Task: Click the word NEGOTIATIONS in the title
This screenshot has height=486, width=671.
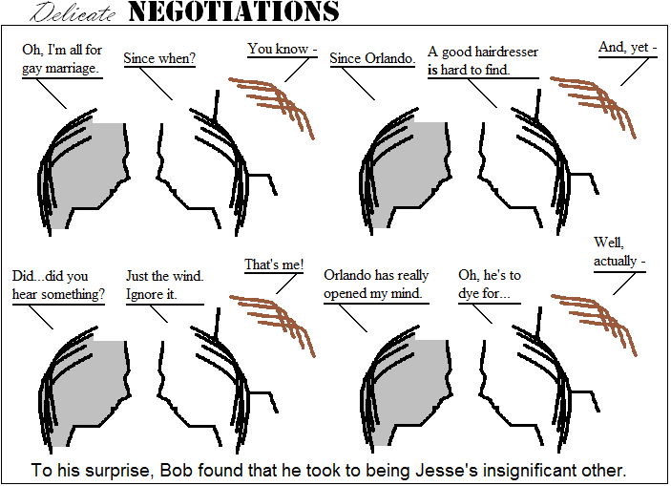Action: coord(233,12)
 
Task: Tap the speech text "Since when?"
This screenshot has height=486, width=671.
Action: coord(159,58)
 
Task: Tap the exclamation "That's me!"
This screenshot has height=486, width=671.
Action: coord(274,264)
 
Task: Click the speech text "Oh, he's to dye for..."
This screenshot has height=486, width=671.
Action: coord(490,285)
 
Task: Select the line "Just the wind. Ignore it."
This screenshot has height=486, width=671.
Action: coord(164,285)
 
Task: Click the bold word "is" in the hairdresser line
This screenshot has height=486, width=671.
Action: coord(432,70)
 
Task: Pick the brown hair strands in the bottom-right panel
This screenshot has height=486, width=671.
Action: coord(596,320)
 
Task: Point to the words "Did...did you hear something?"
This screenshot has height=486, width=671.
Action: coord(58,285)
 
